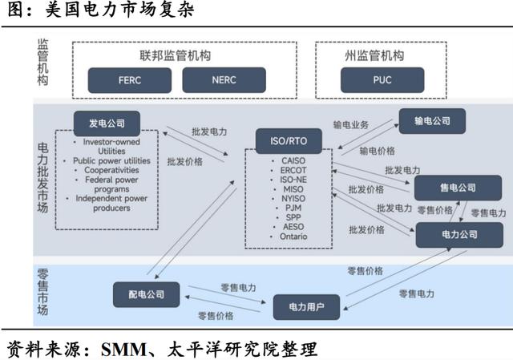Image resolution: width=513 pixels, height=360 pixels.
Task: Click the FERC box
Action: point(131,80)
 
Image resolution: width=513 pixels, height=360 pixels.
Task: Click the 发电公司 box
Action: point(107,123)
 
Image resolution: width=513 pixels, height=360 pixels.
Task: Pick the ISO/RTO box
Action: point(287,141)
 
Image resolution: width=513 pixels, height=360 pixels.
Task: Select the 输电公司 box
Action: point(432,121)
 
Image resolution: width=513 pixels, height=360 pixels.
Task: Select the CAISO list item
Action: point(288,160)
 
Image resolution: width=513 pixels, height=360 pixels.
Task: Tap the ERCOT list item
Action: point(288,170)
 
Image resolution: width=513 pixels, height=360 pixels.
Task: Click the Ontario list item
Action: point(288,237)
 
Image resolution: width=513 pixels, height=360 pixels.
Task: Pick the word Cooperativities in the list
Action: point(107,170)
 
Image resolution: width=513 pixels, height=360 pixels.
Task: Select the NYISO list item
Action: point(288,198)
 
